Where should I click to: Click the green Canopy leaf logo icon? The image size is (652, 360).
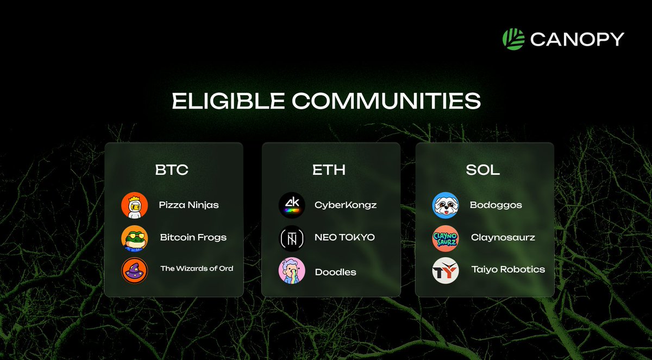pyautogui.click(x=513, y=39)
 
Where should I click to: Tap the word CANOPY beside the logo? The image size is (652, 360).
pyautogui.click(x=577, y=40)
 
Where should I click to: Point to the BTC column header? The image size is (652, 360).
pyautogui.click(x=172, y=170)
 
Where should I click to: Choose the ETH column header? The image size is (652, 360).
pyautogui.click(x=329, y=170)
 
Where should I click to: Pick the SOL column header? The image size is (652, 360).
pyautogui.click(x=482, y=170)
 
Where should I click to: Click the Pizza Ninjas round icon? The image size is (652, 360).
pyautogui.click(x=134, y=205)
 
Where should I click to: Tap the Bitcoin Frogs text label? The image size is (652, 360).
pyautogui.click(x=193, y=237)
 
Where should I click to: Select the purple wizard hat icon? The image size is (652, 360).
pyautogui.click(x=134, y=270)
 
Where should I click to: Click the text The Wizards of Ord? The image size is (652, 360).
pyautogui.click(x=197, y=268)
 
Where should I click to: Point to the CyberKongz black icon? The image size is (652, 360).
pyautogui.click(x=292, y=205)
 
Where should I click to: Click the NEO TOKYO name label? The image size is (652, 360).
pyautogui.click(x=344, y=237)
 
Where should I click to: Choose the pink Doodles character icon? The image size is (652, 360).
pyautogui.click(x=292, y=270)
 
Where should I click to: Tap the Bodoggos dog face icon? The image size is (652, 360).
pyautogui.click(x=446, y=205)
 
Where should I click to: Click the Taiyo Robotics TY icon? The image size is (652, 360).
pyautogui.click(x=446, y=270)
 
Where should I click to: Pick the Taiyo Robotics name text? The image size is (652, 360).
pyautogui.click(x=508, y=269)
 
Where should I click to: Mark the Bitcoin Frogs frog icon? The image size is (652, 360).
pyautogui.click(x=134, y=238)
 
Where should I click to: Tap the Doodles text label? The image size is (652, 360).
pyautogui.click(x=335, y=272)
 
